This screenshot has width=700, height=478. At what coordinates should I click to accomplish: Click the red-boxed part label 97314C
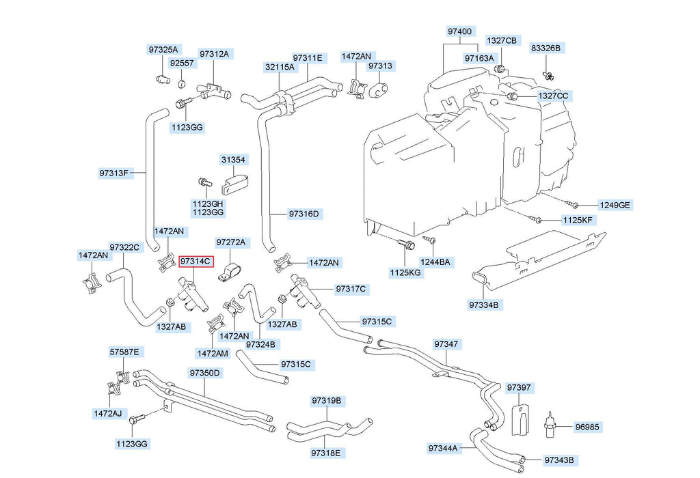tap(196, 262)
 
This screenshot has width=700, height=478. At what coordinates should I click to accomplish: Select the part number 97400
tap(459, 32)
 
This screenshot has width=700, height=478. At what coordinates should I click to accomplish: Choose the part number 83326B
tap(546, 48)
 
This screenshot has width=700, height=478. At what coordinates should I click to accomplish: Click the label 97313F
tap(113, 173)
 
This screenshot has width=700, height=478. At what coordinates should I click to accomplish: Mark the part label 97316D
tap(304, 214)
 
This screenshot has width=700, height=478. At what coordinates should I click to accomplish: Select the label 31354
tap(233, 159)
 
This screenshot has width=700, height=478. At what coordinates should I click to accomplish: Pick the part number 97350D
tap(205, 373)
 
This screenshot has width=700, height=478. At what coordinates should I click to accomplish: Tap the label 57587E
tap(124, 352)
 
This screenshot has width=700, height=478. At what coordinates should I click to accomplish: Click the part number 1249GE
tap(615, 205)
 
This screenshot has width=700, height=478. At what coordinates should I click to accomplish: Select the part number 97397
tap(518, 388)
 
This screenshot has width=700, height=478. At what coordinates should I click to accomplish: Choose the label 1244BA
tap(435, 262)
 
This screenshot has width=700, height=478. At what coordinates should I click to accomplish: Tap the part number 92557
tap(182, 63)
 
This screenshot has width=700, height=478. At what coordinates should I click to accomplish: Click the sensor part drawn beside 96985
tap(548, 423)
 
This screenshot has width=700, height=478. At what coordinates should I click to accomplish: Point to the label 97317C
tap(351, 289)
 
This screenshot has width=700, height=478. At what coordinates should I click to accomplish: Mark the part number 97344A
tap(444, 448)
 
